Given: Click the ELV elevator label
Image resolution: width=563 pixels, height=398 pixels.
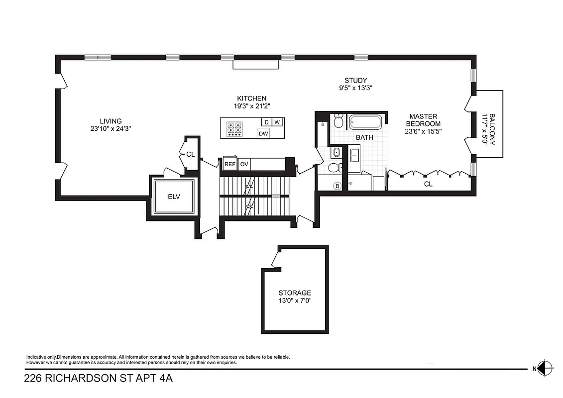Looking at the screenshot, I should pos(174,197).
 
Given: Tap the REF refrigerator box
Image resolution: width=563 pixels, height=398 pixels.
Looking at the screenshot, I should pos(229,164).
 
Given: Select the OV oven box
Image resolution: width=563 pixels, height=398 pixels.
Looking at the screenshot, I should pos(244,164).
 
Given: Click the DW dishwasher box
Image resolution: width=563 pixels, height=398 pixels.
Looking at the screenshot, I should pos(264,133).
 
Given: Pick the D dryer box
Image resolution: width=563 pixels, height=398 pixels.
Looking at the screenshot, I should pos(266,122).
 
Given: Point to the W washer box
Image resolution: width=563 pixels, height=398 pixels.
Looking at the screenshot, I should pos(277,122).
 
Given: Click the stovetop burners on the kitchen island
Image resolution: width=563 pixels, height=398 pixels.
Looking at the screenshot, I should pos(234,128).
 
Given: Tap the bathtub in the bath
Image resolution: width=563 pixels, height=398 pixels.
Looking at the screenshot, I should pos(365,122).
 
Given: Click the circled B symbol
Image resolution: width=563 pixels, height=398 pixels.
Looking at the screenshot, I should pos(337,187).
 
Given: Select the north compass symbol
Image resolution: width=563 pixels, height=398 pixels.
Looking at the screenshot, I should pos(545,369).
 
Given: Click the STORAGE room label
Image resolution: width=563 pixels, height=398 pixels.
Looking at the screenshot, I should pos(295,293).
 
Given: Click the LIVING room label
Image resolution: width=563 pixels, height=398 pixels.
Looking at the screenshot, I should pos(111,121).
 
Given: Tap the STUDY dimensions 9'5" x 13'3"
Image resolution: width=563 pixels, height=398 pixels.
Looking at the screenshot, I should pos(355,88).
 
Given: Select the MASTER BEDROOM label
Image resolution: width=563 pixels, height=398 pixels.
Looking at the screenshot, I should pos(423,120).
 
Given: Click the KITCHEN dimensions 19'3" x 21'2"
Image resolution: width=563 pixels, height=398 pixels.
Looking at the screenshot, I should pos(251,106).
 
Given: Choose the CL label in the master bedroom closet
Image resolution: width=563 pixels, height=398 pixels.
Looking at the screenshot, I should pos(428,184).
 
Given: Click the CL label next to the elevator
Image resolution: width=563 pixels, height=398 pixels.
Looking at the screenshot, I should pos(190,154).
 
